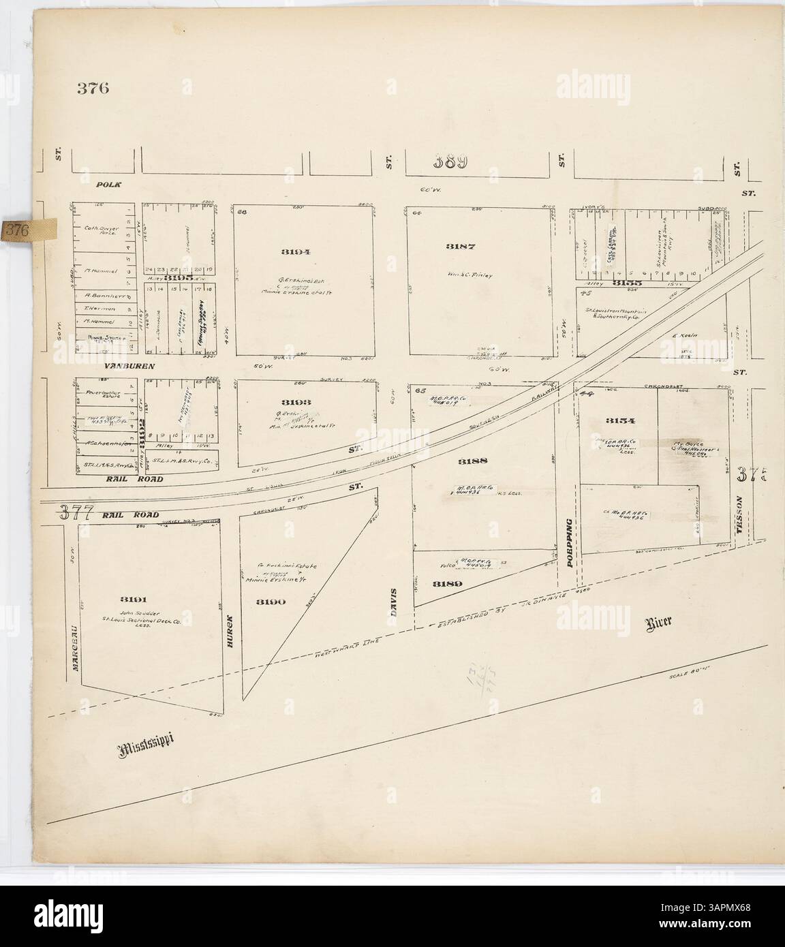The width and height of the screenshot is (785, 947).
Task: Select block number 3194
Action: [296, 252]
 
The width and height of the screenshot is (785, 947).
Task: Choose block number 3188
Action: [472, 461]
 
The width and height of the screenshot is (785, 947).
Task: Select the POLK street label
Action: [108, 185]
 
